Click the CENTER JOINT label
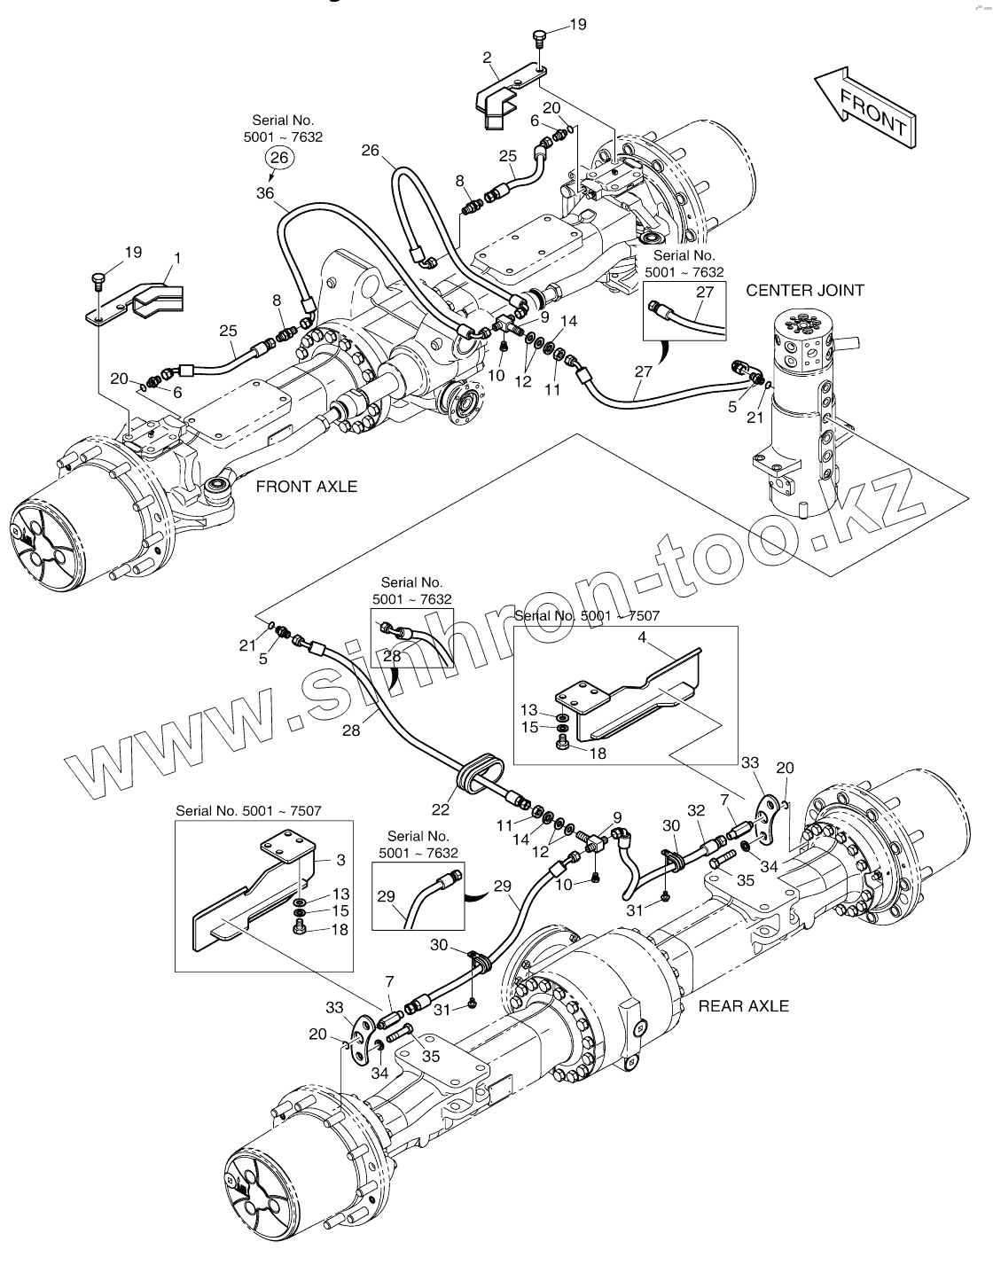coord(805,291)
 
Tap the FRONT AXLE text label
coord(307,487)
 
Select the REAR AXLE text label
coord(743,1006)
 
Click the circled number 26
coord(279,157)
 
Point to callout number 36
coord(265,192)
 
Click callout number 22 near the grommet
coord(441,809)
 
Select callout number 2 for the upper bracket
coord(487,58)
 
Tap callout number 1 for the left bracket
coord(177,258)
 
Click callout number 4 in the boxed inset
coord(642,637)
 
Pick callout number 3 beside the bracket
coord(340,860)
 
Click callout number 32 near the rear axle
coord(696,810)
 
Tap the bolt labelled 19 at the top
coord(539,41)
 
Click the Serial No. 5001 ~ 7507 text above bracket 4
coord(587,615)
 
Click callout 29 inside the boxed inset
coord(386,896)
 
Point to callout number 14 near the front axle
coord(568,321)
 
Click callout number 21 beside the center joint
coord(755,417)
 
